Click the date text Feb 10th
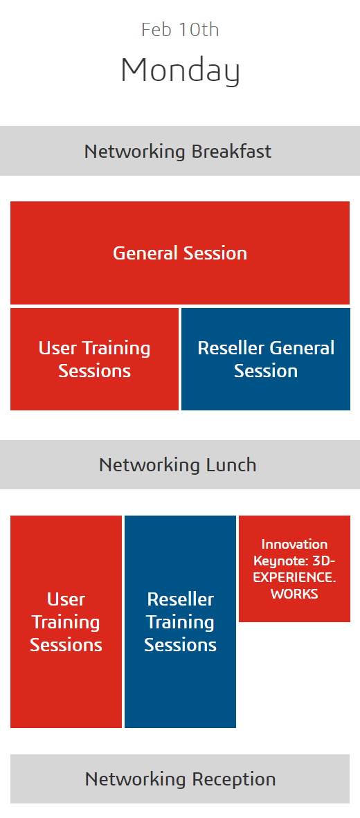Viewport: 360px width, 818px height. pos(180,29)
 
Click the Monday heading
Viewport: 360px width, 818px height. pos(180,70)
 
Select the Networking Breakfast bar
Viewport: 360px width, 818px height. pos(180,151)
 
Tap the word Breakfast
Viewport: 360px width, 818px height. pos(231,152)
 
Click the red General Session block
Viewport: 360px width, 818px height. pos(180,253)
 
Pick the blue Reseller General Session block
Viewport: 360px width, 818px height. pos(266,359)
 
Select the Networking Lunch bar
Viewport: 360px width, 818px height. pos(180,464)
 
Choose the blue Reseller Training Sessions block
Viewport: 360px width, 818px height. pos(180,621)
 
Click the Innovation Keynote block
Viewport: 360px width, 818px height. pos(294,569)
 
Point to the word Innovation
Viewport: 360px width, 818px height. pos(294,544)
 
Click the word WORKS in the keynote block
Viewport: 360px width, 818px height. pos(294,594)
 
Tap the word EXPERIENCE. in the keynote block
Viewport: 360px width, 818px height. pos(294,577)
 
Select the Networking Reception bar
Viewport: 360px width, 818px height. pos(180,779)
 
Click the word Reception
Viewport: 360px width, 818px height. pos(234,779)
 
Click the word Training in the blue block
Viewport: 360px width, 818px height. pos(180,622)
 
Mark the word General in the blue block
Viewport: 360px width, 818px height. pos(303,348)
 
